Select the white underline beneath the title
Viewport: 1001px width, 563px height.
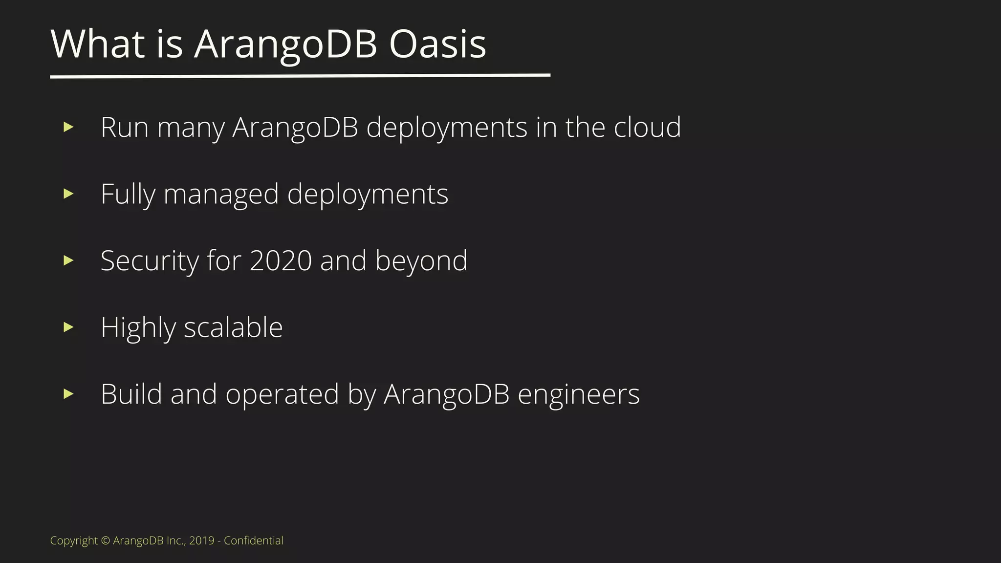(x=300, y=76)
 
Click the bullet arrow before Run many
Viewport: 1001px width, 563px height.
(x=68, y=128)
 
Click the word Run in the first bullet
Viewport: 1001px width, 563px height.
(x=124, y=128)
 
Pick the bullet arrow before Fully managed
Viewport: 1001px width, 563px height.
(x=68, y=194)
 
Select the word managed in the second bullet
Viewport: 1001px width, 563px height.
(x=221, y=195)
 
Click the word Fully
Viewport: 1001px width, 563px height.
(x=128, y=195)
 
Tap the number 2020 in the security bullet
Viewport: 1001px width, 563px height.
(x=281, y=261)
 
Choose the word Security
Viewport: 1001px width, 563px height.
(x=149, y=261)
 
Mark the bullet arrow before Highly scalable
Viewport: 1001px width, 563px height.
(x=68, y=327)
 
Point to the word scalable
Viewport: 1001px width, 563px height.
(x=233, y=327)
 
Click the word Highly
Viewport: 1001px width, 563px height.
(x=138, y=327)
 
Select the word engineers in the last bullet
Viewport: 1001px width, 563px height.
(x=578, y=394)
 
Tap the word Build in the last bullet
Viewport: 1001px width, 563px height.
(x=131, y=394)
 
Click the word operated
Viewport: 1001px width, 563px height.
(x=282, y=394)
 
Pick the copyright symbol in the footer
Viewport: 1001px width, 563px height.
(x=106, y=541)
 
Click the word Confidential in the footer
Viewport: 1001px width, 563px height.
(x=253, y=541)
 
